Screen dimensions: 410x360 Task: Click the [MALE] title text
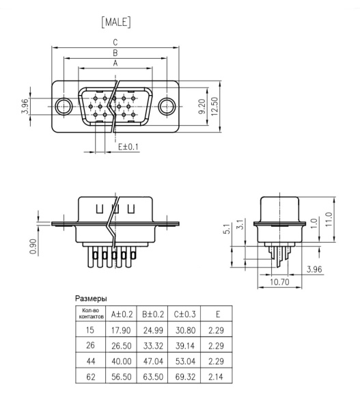point(115,23)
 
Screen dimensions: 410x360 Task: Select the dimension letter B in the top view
point(115,53)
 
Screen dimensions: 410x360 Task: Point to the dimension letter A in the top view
point(115,63)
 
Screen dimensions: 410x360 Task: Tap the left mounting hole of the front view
point(64,106)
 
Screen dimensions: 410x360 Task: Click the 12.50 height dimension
point(214,106)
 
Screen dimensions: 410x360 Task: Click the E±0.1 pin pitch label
point(128,147)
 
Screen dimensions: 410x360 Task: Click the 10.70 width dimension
point(279,281)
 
